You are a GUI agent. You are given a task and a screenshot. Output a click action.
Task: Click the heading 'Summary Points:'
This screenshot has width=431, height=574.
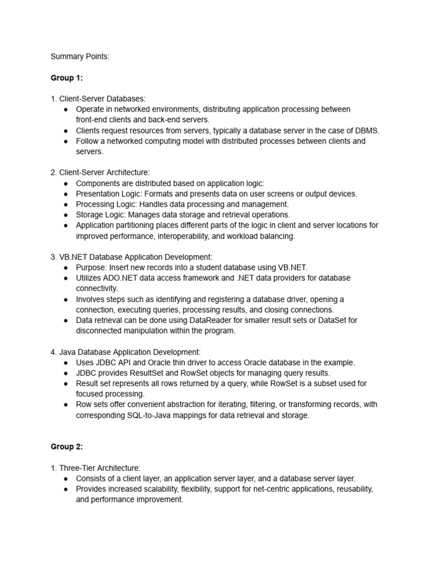80,57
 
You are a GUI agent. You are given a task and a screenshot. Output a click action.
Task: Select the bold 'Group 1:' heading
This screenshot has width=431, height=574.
66,78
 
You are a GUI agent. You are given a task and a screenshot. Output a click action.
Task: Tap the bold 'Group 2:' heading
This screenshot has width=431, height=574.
66,447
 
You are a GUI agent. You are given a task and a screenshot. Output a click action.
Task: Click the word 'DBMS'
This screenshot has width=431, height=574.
367,131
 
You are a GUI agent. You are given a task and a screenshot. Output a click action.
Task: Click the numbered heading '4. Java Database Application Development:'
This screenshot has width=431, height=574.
125,352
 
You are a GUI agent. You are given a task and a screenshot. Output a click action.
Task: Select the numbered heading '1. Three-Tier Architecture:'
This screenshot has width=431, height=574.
95,468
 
